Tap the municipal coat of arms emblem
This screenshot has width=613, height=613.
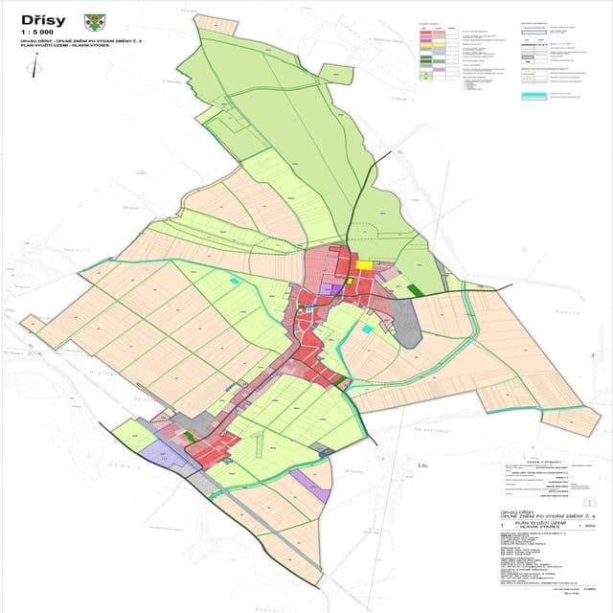click(93, 19)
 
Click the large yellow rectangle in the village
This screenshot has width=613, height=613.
click(365, 265)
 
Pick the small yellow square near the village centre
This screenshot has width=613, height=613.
click(351, 282)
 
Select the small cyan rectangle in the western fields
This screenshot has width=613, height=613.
click(236, 280)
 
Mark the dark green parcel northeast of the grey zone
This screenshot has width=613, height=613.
click(414, 287)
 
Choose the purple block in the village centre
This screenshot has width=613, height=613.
click(333, 287)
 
